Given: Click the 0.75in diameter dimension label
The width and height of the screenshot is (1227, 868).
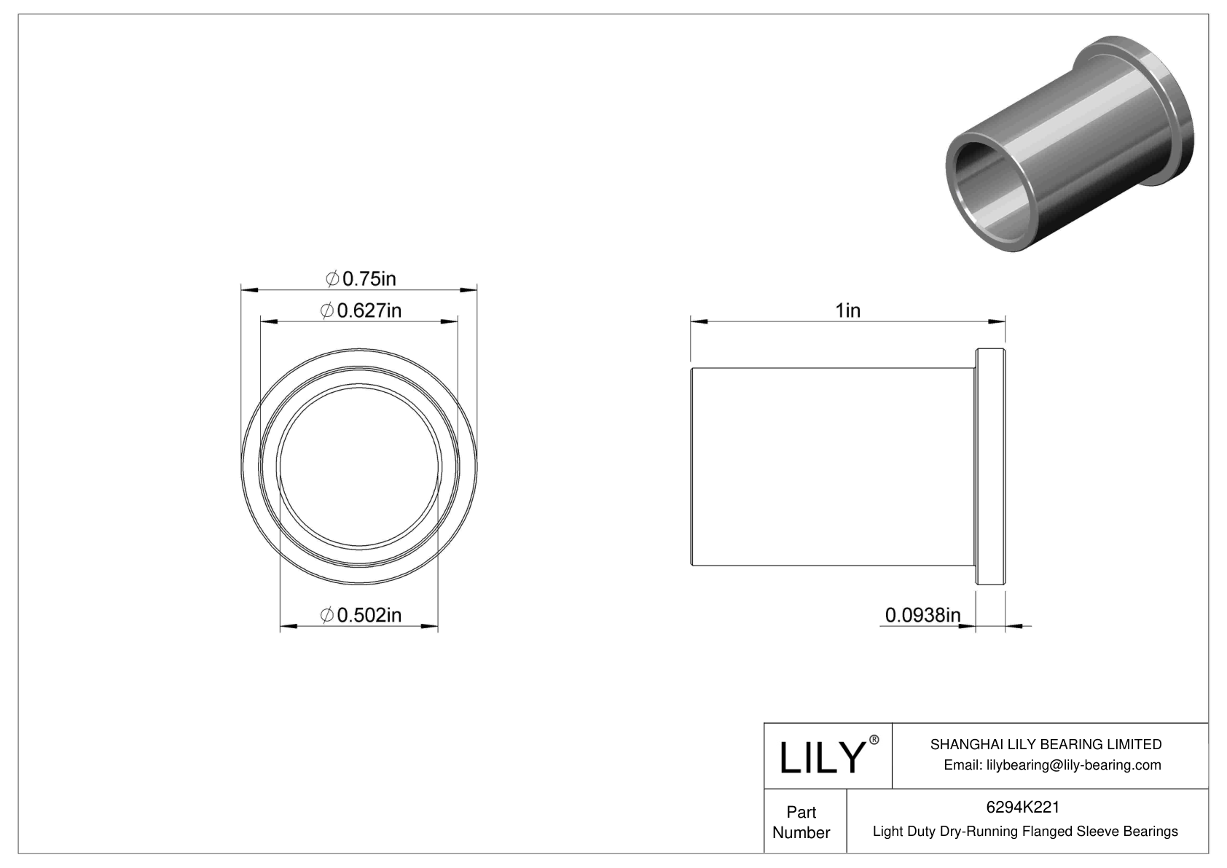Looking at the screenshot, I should coord(361,278).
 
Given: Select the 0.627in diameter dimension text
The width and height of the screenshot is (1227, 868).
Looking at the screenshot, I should coord(361,311).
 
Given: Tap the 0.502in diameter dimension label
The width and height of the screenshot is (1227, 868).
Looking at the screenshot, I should coord(361,615).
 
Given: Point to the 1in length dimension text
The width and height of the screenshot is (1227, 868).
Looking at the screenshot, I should coord(847,311).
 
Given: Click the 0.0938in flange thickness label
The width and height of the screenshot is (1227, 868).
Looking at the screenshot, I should coord(922,615).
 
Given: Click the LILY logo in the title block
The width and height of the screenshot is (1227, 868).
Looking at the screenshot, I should coord(821,758).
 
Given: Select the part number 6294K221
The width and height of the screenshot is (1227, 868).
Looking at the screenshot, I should coord(1023,808).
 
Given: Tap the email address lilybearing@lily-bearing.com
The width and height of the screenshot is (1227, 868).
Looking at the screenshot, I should coord(1052,765).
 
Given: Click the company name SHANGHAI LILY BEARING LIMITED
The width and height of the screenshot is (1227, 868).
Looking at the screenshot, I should coord(1046,744).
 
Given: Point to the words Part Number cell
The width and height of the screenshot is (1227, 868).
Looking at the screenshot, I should coord(801,822).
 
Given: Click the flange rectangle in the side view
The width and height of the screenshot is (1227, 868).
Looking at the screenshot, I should coord(990,467).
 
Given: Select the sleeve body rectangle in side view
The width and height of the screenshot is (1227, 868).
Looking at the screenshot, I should coord(832,467).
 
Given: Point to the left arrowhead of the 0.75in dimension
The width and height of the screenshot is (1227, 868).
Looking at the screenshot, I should coord(247,290).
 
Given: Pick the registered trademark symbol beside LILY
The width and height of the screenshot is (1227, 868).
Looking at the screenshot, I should coord(875,740).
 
